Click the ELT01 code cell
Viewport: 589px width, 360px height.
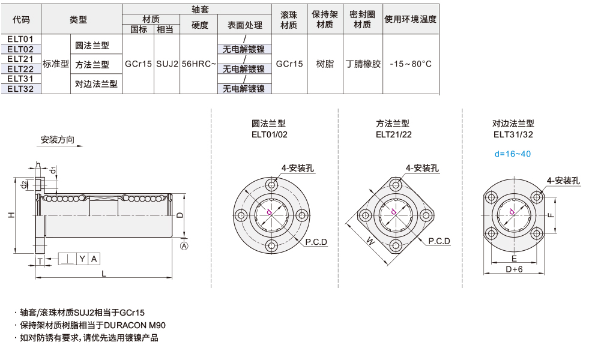pos(20,39)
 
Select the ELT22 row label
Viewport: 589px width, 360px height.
pos(20,69)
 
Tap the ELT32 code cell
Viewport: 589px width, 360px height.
pos(20,89)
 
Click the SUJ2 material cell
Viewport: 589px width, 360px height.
pos(167,64)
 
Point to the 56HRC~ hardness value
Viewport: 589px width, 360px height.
pos(199,64)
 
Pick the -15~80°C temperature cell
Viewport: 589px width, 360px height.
pos(411,64)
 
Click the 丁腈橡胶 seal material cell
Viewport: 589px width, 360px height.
pos(363,64)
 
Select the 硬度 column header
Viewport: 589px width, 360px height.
pos(199,25)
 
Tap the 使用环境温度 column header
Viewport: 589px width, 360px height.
pos(410,19)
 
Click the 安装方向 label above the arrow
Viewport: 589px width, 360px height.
pos(58,140)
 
